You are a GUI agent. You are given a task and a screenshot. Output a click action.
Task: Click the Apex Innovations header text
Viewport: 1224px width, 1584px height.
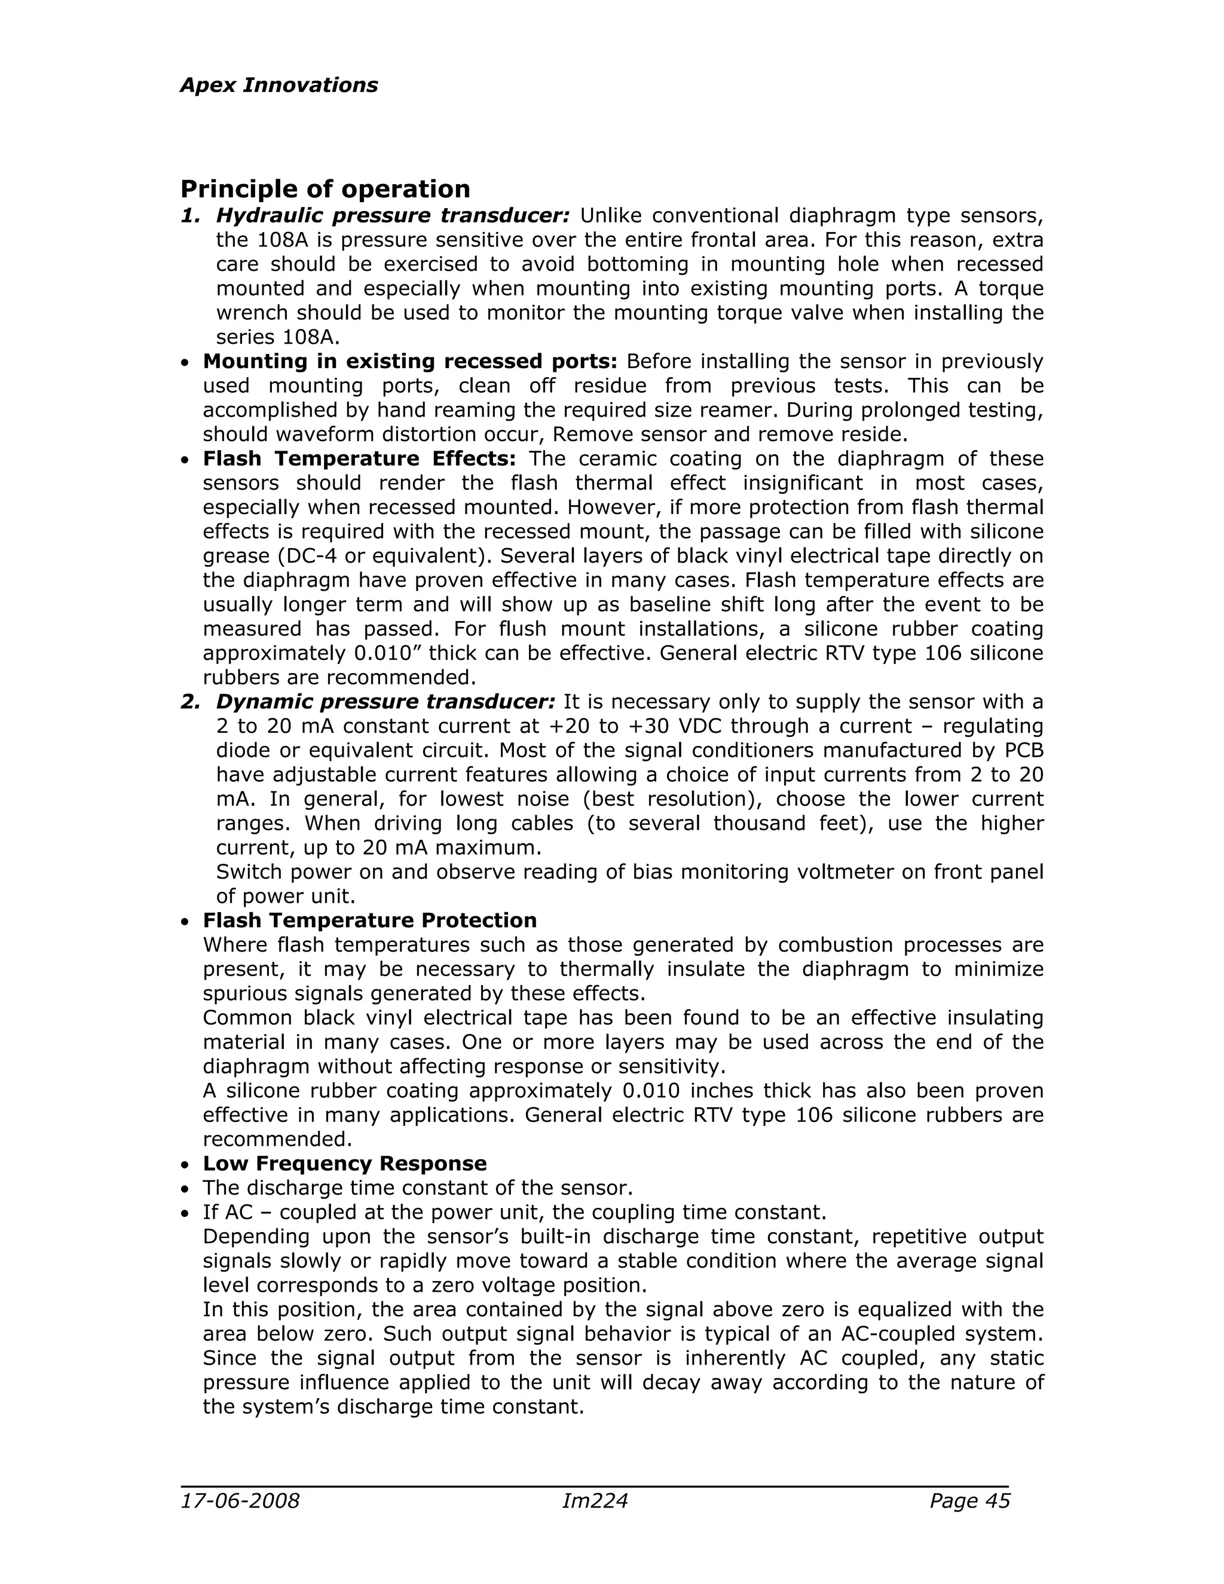click(279, 85)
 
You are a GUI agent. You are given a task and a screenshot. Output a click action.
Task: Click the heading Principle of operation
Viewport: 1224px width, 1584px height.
click(325, 189)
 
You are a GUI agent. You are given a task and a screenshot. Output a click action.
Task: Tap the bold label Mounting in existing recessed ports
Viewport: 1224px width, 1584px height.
click(409, 361)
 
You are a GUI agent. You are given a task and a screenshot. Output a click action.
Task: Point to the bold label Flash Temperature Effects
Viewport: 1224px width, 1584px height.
click(359, 458)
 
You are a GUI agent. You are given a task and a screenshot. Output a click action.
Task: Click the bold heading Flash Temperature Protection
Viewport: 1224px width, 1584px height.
click(370, 921)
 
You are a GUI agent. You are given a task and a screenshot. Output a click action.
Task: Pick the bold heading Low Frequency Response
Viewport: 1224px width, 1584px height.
click(344, 1163)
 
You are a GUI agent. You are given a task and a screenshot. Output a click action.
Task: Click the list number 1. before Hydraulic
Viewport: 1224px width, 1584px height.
click(190, 216)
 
